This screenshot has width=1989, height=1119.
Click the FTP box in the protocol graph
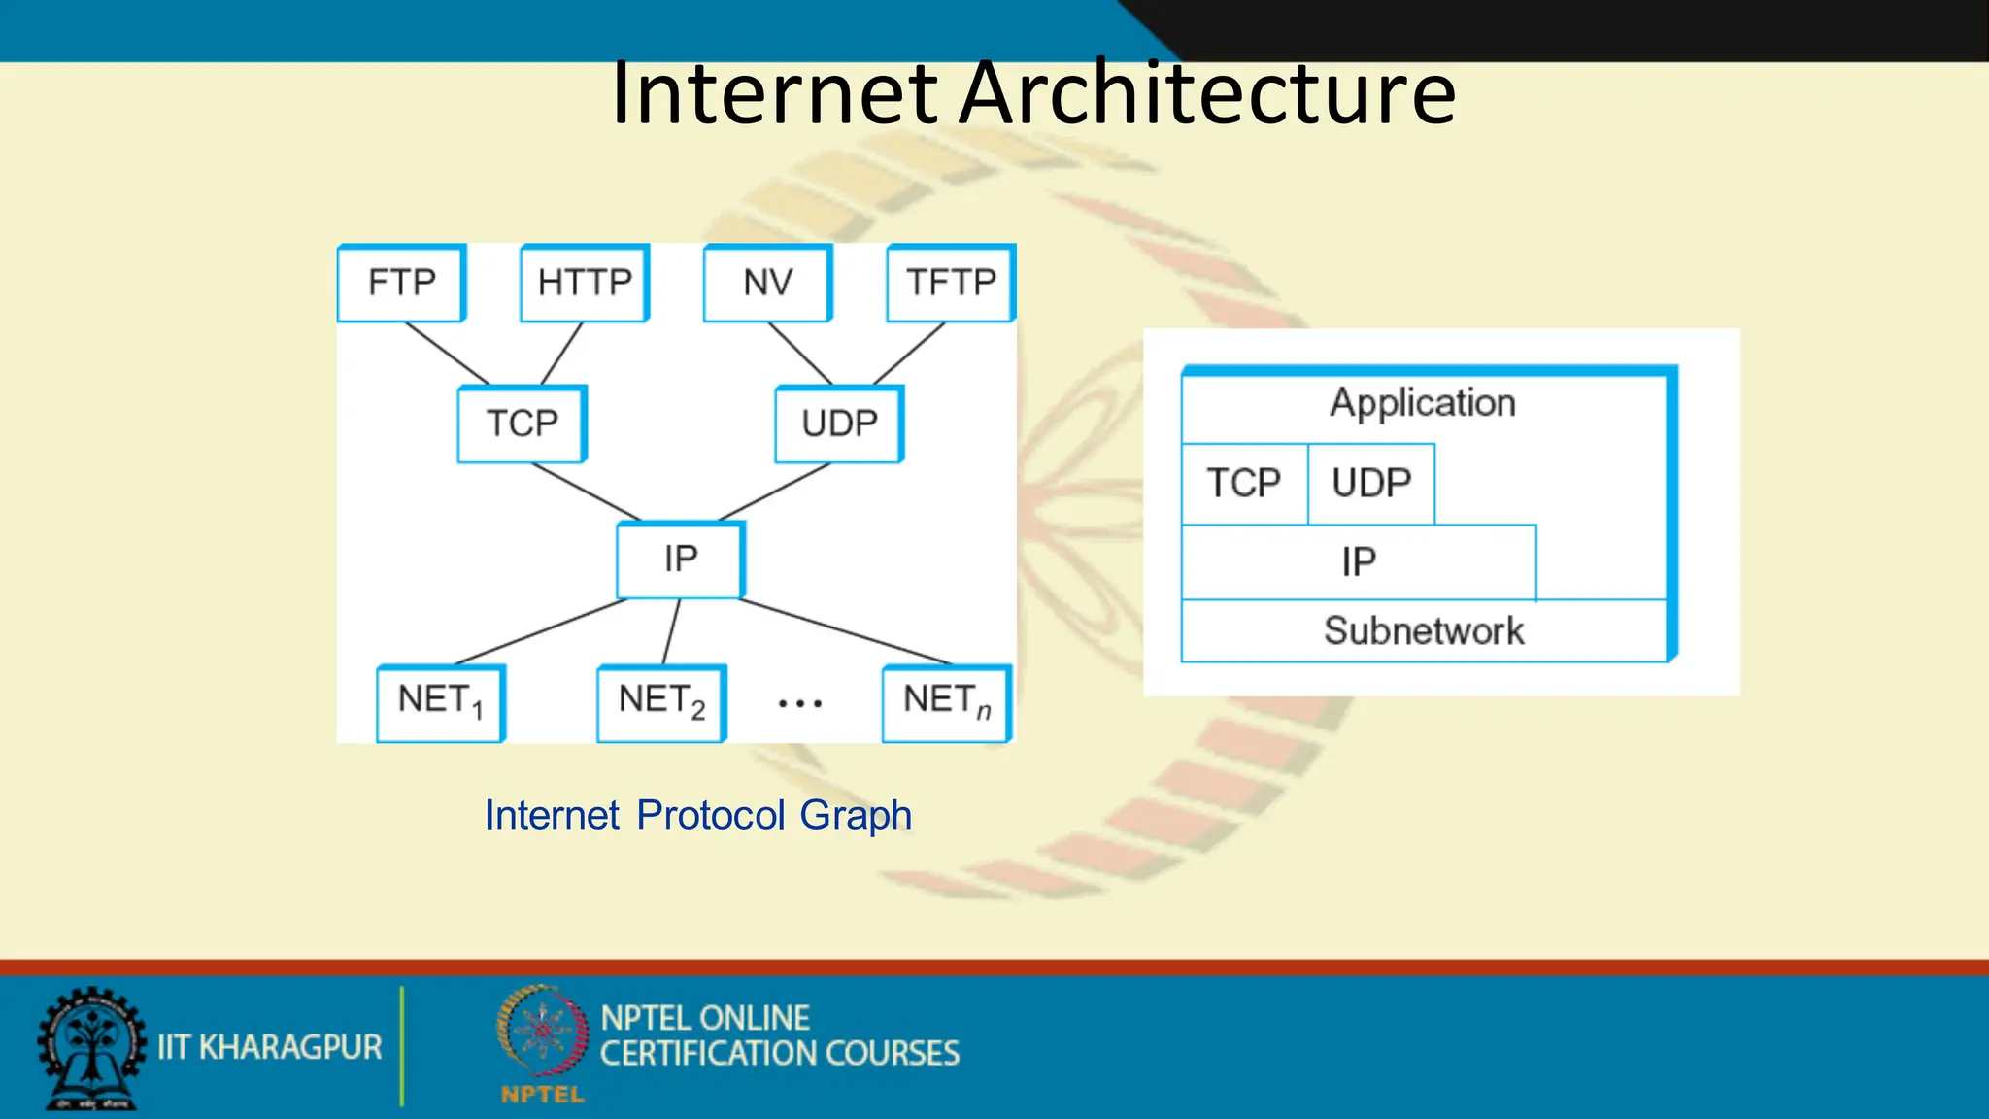point(401,283)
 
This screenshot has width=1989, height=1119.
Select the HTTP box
point(584,283)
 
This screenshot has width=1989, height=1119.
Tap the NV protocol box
point(767,283)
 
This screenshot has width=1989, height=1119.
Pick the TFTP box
point(950,283)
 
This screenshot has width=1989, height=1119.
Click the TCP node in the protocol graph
point(522,424)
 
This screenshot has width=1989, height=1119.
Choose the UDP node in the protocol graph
point(839,424)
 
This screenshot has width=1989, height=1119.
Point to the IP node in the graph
point(681,559)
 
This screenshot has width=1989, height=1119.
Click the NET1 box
point(440,702)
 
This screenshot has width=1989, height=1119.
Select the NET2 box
point(661,702)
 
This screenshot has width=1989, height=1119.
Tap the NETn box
point(947,702)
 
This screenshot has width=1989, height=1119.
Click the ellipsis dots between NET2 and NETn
point(800,703)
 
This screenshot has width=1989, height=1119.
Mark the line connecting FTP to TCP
point(447,354)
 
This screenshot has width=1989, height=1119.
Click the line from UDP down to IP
point(774,492)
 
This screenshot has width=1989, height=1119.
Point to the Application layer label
point(1423,403)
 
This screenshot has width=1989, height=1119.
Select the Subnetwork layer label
point(1424,631)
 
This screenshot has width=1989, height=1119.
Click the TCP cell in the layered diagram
point(1244,484)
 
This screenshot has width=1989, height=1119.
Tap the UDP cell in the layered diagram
point(1371,484)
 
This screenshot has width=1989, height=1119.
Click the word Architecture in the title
point(1207,93)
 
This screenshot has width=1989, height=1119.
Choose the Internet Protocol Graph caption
point(698,815)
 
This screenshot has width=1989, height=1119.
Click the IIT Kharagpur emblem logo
point(91,1049)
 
